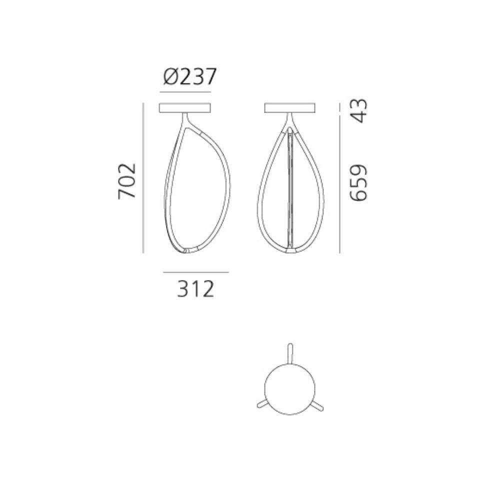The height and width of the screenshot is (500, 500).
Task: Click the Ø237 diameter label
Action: (x=190, y=77)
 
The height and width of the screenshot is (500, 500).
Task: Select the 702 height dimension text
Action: (x=127, y=180)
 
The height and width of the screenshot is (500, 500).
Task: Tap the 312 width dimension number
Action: (x=195, y=289)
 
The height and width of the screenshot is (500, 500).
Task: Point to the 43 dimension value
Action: (x=358, y=110)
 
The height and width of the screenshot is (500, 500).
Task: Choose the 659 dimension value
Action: (x=358, y=182)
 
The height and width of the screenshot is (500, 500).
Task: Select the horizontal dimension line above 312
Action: (x=195, y=272)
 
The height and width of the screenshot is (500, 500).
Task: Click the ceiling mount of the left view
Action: (x=185, y=107)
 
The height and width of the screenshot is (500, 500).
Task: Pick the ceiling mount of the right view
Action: (x=290, y=107)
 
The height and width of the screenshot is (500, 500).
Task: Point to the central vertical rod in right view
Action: (x=290, y=190)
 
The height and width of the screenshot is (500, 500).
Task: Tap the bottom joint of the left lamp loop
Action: (x=190, y=249)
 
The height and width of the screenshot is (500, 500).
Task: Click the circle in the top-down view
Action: (x=290, y=388)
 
